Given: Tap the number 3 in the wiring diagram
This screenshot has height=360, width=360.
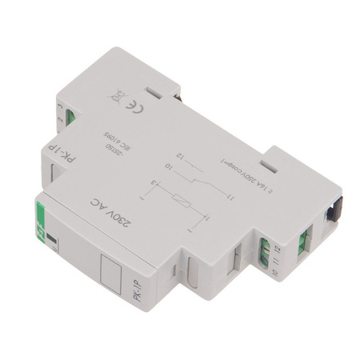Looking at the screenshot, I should point(154,185).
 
